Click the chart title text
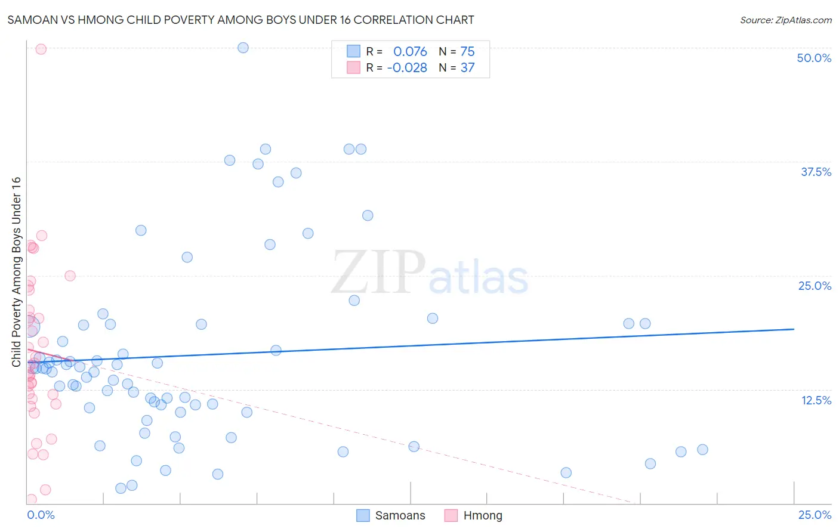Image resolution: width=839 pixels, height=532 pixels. pyautogui.click(x=240, y=20)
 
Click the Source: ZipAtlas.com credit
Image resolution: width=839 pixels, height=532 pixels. pyautogui.click(x=785, y=20)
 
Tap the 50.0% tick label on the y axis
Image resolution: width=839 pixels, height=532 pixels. pyautogui.click(x=813, y=58)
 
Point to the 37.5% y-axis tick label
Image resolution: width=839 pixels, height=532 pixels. pyautogui.click(x=816, y=172)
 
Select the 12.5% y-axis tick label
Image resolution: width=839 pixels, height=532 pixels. pyautogui.click(x=816, y=400)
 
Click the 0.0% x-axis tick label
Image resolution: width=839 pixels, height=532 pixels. pyautogui.click(x=41, y=515)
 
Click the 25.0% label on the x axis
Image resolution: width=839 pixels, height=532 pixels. pyautogui.click(x=815, y=515)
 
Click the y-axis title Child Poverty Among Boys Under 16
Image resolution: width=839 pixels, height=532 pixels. pyautogui.click(x=16, y=272)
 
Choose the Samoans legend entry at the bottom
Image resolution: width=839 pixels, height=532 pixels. pyautogui.click(x=391, y=515)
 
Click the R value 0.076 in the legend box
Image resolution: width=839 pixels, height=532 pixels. pyautogui.click(x=410, y=52)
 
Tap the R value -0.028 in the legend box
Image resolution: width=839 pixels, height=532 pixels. pyautogui.click(x=407, y=68)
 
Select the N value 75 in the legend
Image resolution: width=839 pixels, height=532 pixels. pyautogui.click(x=467, y=52)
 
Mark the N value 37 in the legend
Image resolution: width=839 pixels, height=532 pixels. pyautogui.click(x=467, y=68)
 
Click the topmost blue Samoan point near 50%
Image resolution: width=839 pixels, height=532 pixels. pyautogui.click(x=243, y=48)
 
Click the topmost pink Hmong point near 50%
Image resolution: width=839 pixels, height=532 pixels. pyautogui.click(x=41, y=49)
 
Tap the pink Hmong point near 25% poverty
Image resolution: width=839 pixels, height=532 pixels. pyautogui.click(x=70, y=276)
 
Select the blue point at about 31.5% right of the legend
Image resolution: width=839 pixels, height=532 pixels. pyautogui.click(x=368, y=215)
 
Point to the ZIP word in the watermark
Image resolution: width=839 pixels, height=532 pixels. pyautogui.click(x=378, y=273)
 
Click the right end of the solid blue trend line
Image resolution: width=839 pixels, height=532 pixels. pyautogui.click(x=794, y=329)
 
